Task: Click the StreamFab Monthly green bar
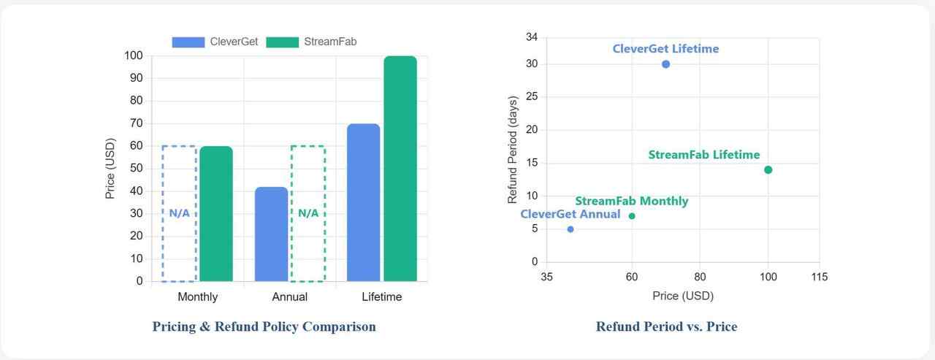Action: [216, 214]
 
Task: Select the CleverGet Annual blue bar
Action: [271, 234]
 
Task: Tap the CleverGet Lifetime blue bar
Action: [363, 202]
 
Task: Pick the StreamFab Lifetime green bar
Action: [400, 169]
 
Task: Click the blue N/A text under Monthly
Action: [179, 213]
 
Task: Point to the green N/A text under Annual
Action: [308, 213]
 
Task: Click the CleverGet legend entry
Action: [216, 42]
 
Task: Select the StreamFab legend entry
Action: [312, 42]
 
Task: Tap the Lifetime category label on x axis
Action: [381, 297]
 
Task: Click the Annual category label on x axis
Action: [289, 297]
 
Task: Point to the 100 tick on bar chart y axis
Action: [134, 55]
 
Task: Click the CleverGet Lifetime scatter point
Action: [665, 64]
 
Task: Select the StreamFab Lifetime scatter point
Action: [768, 170]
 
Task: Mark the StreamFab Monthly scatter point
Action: [632, 215]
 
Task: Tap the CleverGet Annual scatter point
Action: [570, 229]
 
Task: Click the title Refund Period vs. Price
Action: [666, 326]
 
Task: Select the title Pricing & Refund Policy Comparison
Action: [264, 326]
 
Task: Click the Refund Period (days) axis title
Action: [513, 150]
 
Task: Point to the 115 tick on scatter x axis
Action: [819, 277]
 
